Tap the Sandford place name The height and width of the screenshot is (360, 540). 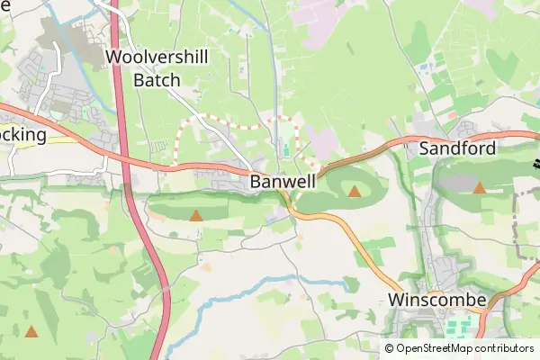(x=457, y=148)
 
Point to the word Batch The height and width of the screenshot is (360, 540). (x=157, y=79)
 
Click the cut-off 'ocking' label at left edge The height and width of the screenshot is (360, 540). (x=22, y=134)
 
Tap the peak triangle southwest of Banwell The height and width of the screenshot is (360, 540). (x=196, y=216)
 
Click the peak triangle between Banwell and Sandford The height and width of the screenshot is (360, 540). (x=355, y=192)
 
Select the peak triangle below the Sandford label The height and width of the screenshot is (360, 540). (x=480, y=188)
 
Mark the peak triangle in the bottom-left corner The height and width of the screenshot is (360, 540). (x=31, y=332)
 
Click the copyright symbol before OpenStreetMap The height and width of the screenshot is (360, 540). (x=390, y=348)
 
